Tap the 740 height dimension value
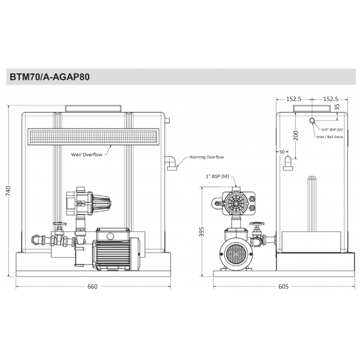(x=8, y=192)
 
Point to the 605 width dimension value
(x=283, y=286)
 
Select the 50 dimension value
(x=282, y=151)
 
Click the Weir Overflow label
(x=89, y=154)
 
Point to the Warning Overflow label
(x=206, y=157)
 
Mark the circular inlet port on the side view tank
(x=312, y=121)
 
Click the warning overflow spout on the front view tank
(x=172, y=163)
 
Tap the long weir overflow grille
(x=93, y=136)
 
